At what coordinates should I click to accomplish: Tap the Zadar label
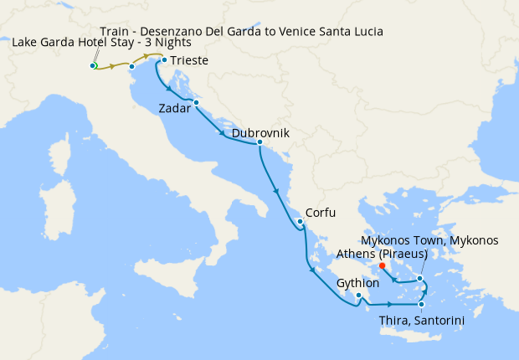pyautogui.click(x=176, y=108)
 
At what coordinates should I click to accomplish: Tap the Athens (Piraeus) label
pyautogui.click(x=382, y=254)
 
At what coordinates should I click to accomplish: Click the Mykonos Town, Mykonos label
pyautogui.click(x=434, y=240)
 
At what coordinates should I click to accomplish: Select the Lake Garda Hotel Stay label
pyautogui.click(x=101, y=43)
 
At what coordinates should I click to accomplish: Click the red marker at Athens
pyautogui.click(x=382, y=267)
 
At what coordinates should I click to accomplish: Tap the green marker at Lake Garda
pyautogui.click(x=94, y=65)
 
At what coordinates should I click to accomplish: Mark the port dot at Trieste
pyautogui.click(x=164, y=60)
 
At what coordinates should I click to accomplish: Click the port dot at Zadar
pyautogui.click(x=195, y=103)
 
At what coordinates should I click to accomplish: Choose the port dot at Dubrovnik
pyautogui.click(x=259, y=142)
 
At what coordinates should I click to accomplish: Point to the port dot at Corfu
pyautogui.click(x=299, y=222)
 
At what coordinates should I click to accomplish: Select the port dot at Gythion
pyautogui.click(x=358, y=295)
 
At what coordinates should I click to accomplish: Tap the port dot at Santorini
pyautogui.click(x=421, y=304)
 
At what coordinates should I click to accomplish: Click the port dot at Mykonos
pyautogui.click(x=420, y=278)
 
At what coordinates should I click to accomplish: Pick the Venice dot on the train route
pyautogui.click(x=132, y=66)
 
